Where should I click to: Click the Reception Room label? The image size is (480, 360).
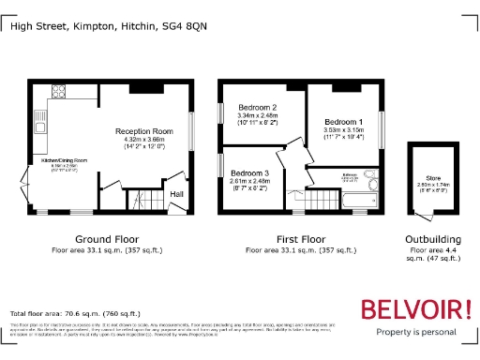(144, 131)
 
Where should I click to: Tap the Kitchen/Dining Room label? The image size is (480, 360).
(63, 161)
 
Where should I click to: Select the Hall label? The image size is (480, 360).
(176, 194)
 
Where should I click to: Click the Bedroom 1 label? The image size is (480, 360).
(343, 123)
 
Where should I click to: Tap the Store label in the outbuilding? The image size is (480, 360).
(433, 177)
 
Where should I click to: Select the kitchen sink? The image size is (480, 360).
(39, 127)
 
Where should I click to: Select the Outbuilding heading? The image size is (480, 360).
(432, 241)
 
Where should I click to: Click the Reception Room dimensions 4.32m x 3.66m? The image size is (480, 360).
(144, 140)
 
